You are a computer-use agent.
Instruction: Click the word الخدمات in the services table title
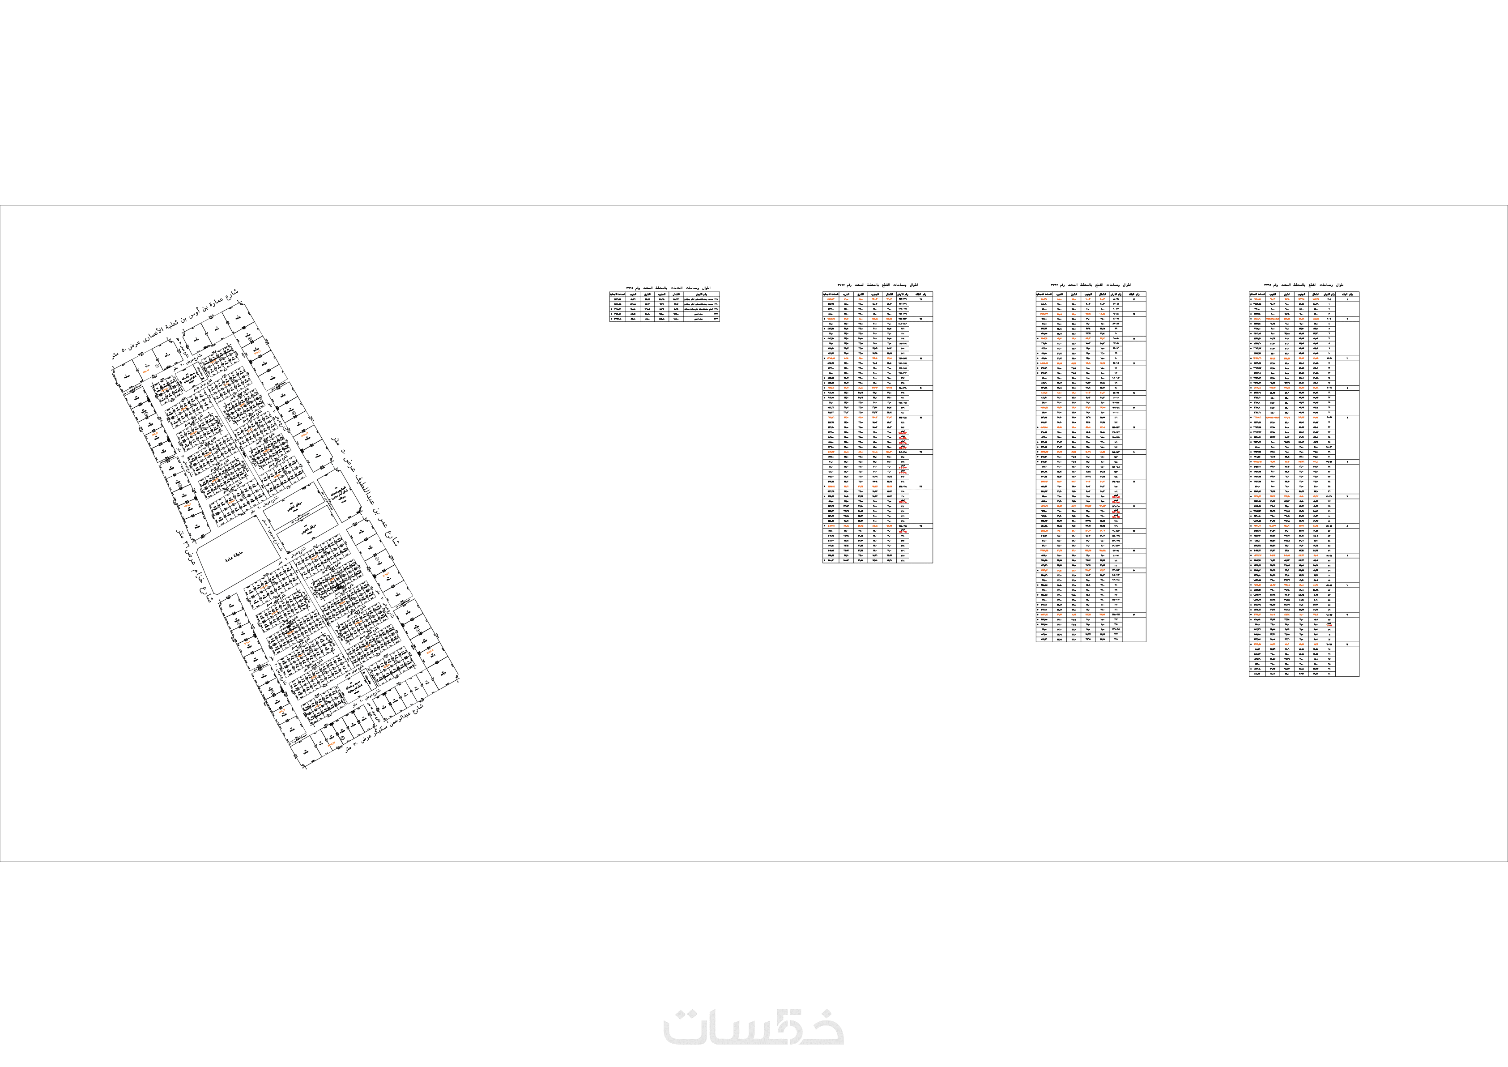pyautogui.click(x=677, y=288)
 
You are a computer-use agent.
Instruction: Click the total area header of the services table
pyautogui.click(x=618, y=294)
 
